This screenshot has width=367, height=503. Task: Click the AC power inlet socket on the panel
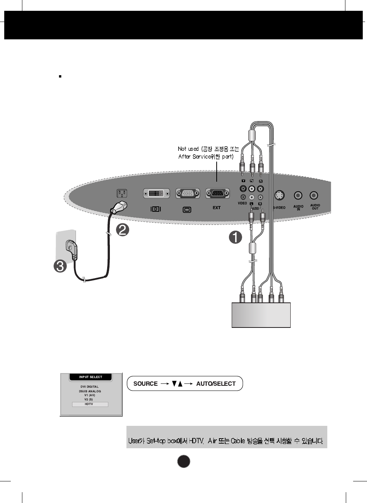(x=122, y=193)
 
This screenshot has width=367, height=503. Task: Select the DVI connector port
(x=156, y=193)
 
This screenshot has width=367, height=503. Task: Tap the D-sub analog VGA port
(x=187, y=193)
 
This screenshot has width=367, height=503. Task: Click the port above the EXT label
(x=217, y=193)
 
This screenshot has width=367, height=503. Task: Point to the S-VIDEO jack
(x=279, y=196)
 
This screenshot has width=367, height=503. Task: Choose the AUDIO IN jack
(x=298, y=196)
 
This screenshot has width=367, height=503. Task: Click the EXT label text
(x=217, y=208)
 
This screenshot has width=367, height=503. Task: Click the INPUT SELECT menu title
(x=91, y=377)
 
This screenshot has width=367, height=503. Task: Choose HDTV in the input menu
(x=89, y=404)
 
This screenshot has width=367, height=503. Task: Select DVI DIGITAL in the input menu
(x=89, y=387)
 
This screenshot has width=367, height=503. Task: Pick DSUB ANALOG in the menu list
(x=89, y=391)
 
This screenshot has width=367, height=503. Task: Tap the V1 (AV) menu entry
(x=89, y=395)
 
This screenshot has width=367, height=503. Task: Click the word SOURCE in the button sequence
(x=145, y=384)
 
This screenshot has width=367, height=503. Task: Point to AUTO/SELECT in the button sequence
(x=216, y=384)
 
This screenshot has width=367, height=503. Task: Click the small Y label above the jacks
(x=243, y=181)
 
